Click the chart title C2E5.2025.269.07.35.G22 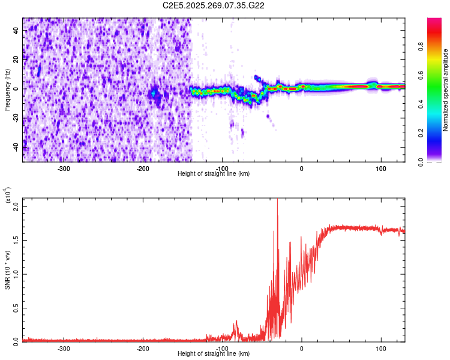(x=214, y=5)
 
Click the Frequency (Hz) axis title (x=7, y=89)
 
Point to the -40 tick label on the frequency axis (x=16, y=146)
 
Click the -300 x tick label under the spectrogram (x=64, y=169)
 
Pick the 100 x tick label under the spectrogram (x=380, y=169)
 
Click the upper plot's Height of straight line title (x=214, y=174)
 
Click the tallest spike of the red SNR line (x=277, y=200)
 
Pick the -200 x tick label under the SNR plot (x=143, y=349)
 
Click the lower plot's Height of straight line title (x=214, y=354)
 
